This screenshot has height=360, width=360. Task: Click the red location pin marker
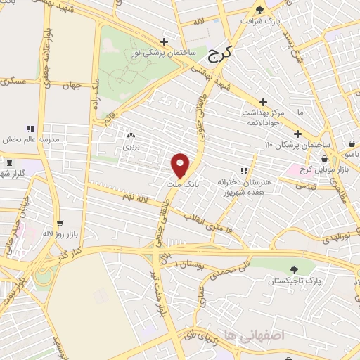180,165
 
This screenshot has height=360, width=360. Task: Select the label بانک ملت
179,184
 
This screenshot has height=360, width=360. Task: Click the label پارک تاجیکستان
293,281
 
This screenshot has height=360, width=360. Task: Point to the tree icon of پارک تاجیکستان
293,270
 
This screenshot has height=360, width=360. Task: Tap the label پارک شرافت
261,21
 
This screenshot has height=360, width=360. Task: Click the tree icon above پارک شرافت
261,10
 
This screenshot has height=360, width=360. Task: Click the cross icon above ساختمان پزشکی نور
164,41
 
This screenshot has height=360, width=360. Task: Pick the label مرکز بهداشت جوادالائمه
262,117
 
